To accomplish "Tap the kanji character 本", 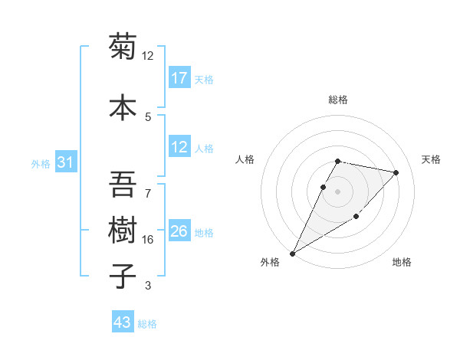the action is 123,106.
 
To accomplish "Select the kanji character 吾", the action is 123,184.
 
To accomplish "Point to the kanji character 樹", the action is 123,230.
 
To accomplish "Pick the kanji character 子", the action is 123,277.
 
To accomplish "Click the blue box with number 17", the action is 179,78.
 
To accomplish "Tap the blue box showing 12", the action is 179,147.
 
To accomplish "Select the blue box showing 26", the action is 179,231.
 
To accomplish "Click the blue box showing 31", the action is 66,162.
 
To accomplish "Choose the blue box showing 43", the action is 122,322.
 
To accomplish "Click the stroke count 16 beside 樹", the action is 148,240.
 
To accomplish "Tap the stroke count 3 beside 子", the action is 148,286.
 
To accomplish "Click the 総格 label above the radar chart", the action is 338,100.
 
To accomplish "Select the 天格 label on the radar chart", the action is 432,159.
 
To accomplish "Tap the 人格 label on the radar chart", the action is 245,159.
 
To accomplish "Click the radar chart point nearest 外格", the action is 292,253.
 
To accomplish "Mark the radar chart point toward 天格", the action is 396,172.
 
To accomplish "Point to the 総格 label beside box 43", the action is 147,323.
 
